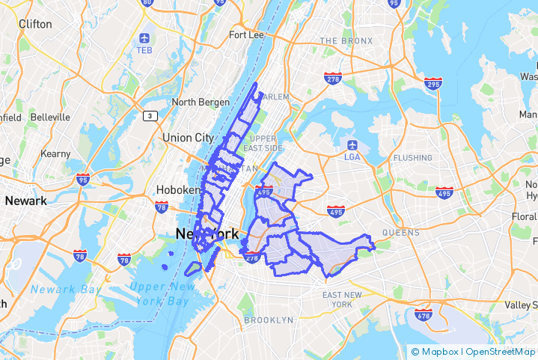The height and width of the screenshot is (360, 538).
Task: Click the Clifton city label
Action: [x=35, y=24]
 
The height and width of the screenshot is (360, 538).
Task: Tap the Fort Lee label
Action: [x=248, y=35]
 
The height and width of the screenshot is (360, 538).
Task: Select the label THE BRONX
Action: [x=349, y=40]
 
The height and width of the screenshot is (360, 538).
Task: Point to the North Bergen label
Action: [x=198, y=103]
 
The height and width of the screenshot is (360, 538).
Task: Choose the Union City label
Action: [x=189, y=138]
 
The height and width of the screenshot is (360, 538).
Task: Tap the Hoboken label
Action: [x=178, y=190]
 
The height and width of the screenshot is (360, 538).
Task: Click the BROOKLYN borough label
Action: [x=269, y=320]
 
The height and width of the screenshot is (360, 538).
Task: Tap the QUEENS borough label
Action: [x=401, y=233]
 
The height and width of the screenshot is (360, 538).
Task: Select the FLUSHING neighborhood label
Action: [x=412, y=158]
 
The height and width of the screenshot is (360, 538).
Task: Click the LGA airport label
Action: [x=352, y=156]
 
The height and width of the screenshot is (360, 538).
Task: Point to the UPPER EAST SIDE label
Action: [x=263, y=144]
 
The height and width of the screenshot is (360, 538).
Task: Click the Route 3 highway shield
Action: [x=150, y=115]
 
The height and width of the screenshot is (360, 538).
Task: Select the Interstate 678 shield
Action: [x=424, y=315]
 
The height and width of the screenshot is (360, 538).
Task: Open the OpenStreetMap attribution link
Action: [x=501, y=351]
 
